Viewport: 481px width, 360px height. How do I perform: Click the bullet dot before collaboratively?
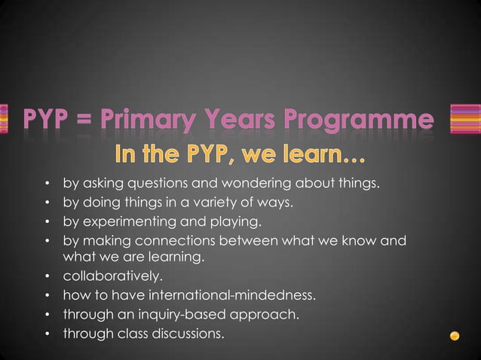(x=47, y=276)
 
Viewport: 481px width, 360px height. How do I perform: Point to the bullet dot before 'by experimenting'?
(x=47, y=222)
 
